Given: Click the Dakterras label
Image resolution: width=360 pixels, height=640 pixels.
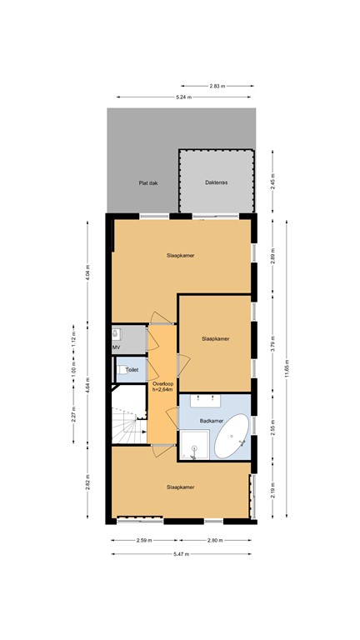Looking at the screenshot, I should [216, 183].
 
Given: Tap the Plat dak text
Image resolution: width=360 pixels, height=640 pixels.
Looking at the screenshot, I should [148, 183].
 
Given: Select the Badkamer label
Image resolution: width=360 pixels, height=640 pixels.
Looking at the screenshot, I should [212, 421].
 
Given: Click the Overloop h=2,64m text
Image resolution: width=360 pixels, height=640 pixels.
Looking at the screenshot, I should [162, 386].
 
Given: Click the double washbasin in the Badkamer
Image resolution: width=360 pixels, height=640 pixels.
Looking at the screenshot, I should [214, 402].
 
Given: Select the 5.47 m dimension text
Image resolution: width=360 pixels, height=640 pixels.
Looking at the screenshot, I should [181, 553].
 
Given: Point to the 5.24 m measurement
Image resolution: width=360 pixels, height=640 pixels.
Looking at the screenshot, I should [182, 97].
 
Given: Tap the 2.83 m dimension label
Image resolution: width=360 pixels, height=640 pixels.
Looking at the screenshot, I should [217, 86].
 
